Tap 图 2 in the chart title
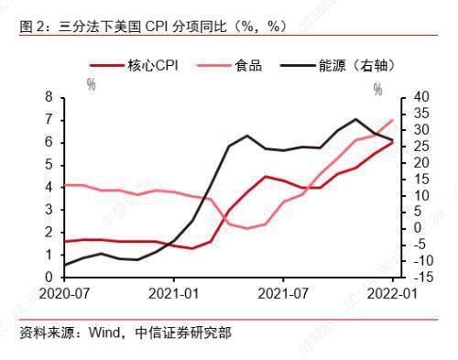point(32,26)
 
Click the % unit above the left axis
point(92,85)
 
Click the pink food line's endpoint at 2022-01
point(394,119)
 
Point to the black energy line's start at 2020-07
point(64,265)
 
